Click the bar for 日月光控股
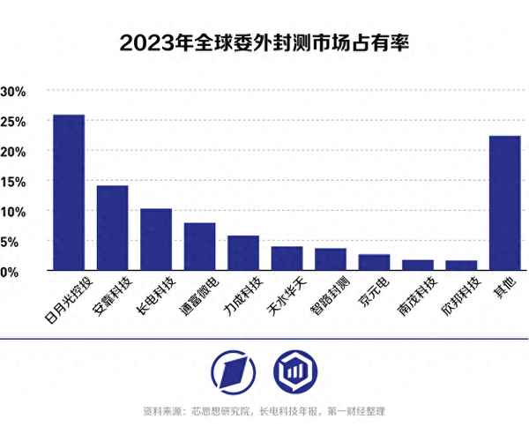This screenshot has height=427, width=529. [x=69, y=192]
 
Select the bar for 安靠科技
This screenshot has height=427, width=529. [x=112, y=228]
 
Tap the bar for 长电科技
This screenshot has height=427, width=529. [x=156, y=239]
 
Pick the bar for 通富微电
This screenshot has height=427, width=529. [x=199, y=246]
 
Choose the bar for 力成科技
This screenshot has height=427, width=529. [x=242, y=252]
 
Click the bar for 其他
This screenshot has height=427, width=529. [x=504, y=203]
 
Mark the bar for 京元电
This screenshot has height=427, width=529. [x=374, y=262]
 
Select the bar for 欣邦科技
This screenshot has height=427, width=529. [x=460, y=265]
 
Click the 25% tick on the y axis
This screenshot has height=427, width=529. [x=14, y=122]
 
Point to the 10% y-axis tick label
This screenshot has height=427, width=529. [x=14, y=212]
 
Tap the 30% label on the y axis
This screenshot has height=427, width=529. [x=14, y=92]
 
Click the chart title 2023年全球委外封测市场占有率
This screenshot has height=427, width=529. [x=264, y=41]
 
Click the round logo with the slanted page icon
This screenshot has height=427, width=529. [x=235, y=371]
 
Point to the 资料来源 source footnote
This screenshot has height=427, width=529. [x=264, y=411]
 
